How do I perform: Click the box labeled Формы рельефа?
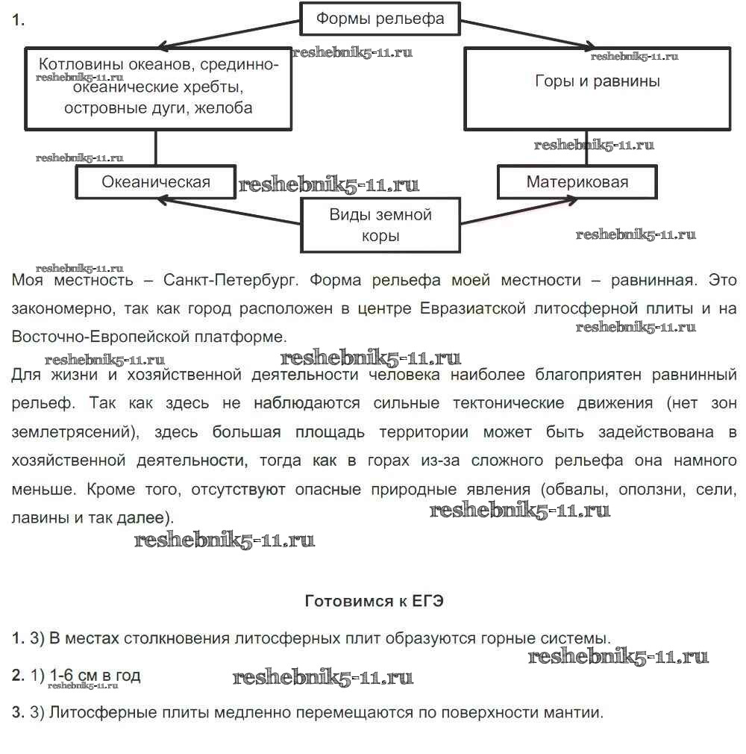380,19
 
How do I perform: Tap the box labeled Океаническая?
156,181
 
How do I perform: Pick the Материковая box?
577,181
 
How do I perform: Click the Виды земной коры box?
380,225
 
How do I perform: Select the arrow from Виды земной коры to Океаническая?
231,211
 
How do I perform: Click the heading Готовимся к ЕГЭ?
374,601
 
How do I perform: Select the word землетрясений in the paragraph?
60,432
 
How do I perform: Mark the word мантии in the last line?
572,712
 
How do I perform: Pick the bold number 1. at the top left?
18,21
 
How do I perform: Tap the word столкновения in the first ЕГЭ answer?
169,639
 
